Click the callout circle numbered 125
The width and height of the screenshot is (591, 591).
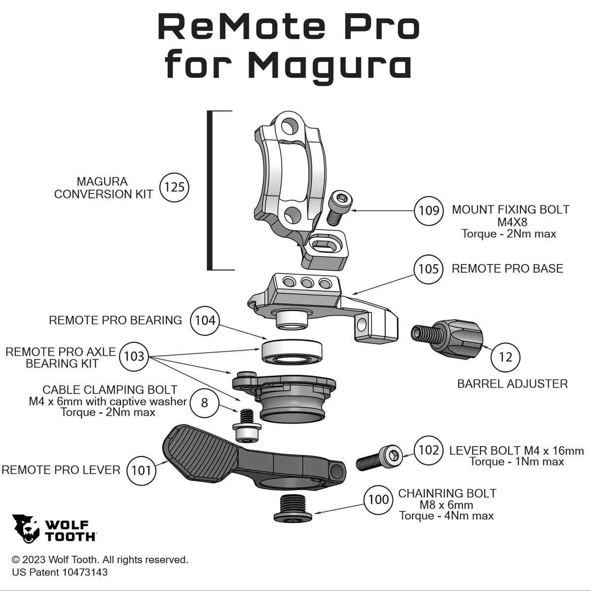[x=174, y=187]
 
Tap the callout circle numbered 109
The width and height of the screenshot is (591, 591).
[x=428, y=211]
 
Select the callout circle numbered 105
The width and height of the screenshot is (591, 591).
[x=428, y=269]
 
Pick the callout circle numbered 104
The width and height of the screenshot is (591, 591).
[x=205, y=321]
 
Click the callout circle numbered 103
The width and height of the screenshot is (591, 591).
[x=134, y=356]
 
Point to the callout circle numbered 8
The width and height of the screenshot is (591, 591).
[x=204, y=403]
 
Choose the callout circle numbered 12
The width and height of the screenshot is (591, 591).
[x=505, y=357]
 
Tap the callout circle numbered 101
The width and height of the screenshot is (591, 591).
[x=141, y=470]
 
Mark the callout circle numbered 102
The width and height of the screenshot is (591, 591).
[x=428, y=450]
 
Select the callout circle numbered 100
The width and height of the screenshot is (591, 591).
[x=378, y=499]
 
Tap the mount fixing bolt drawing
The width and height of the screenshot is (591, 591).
[x=340, y=208]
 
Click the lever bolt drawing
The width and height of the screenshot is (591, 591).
[x=379, y=458]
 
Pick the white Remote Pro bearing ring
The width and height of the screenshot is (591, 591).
[x=292, y=352]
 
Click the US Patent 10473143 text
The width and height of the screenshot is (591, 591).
[x=60, y=572]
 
